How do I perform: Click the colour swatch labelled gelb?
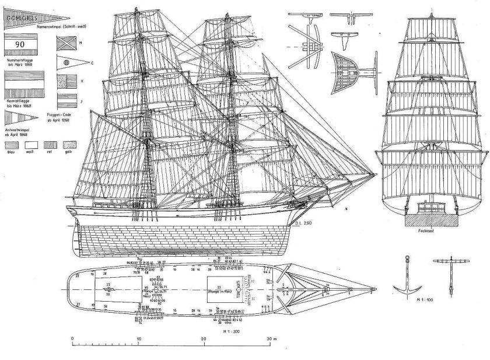point(69,144)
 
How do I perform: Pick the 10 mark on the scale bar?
point(138,340)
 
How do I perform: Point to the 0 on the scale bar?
point(72,340)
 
